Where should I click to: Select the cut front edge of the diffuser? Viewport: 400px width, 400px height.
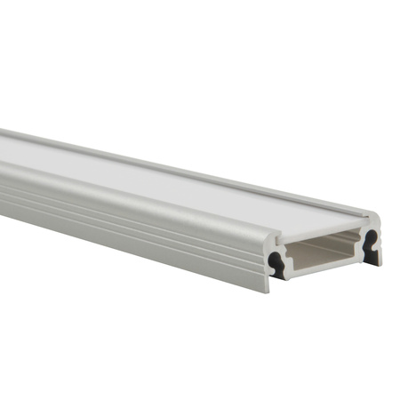coord(320,229)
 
